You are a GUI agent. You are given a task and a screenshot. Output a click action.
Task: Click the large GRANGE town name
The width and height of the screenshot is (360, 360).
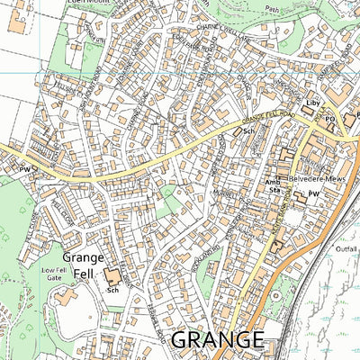(217, 340)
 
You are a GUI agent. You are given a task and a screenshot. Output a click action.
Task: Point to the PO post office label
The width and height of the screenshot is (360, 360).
(330, 118)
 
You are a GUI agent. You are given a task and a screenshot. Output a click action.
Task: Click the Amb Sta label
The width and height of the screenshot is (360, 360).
(273, 185)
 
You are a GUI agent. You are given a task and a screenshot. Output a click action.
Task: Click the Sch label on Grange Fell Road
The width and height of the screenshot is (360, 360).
(247, 130)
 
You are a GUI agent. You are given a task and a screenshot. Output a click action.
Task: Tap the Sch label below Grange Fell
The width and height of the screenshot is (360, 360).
(113, 291)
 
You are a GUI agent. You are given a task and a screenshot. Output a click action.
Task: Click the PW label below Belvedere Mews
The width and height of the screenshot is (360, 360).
(314, 193)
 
